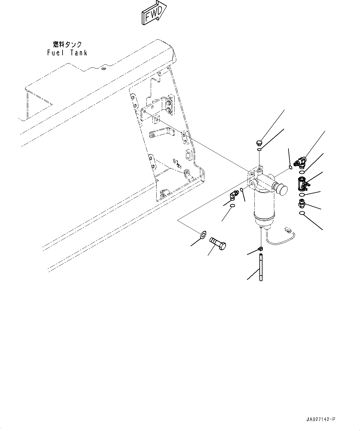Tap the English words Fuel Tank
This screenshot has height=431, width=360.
[67, 53]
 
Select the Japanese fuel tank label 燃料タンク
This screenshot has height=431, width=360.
[67, 44]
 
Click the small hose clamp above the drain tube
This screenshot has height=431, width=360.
[261, 248]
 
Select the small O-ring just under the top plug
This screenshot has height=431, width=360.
[259, 150]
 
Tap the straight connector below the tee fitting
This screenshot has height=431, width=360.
[301, 203]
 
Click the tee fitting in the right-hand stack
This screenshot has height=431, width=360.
[302, 183]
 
